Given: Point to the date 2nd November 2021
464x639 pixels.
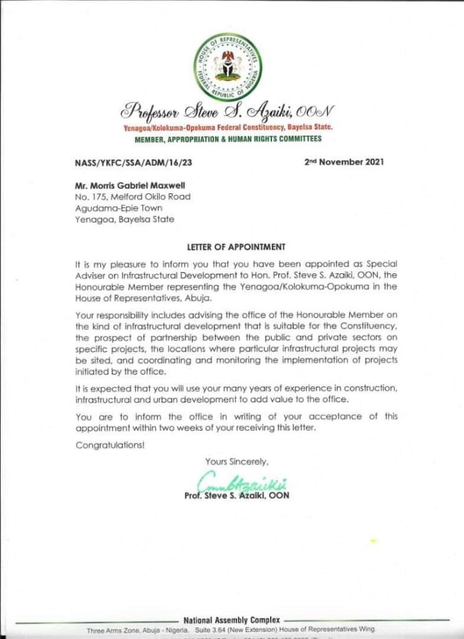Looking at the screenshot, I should pos(344,162).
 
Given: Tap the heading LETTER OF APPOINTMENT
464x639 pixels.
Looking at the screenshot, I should pos(228,246).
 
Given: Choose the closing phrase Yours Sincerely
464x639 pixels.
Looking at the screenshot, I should pos(237,462).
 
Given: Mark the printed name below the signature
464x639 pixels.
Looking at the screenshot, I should pos(237,496).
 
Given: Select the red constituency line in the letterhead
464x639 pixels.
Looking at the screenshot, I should pos(228,127).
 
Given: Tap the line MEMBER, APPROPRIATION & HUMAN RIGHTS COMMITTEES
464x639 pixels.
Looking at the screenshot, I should pos(228,139).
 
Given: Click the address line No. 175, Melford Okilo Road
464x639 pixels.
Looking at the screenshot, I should pos(132,197).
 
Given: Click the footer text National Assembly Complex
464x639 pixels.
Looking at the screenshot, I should pos(231,621).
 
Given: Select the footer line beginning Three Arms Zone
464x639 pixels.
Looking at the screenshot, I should pos(231,630).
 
